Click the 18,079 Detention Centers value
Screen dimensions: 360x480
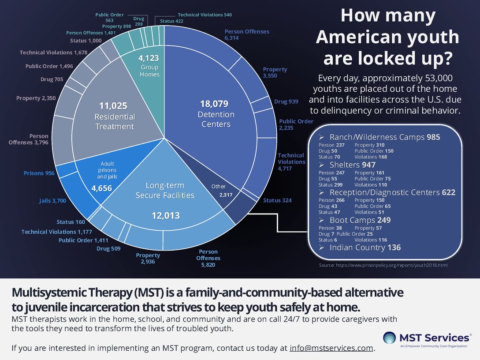(214, 104)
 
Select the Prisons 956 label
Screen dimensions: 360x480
(39, 173)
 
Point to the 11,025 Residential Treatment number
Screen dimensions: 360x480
(113, 106)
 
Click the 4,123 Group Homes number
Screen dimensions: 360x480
(149, 58)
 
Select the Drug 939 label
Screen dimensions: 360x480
(286, 101)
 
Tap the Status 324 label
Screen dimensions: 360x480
(277, 200)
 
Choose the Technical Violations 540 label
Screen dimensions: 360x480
(205, 15)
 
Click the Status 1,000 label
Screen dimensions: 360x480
(86, 41)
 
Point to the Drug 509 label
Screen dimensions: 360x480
(109, 249)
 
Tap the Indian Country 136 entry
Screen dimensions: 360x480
(365, 247)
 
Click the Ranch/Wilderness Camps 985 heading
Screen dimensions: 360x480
(384, 137)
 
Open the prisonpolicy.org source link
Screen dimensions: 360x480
(383, 266)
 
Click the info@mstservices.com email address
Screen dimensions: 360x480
(331, 348)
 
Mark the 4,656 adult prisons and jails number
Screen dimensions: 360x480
(101, 188)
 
